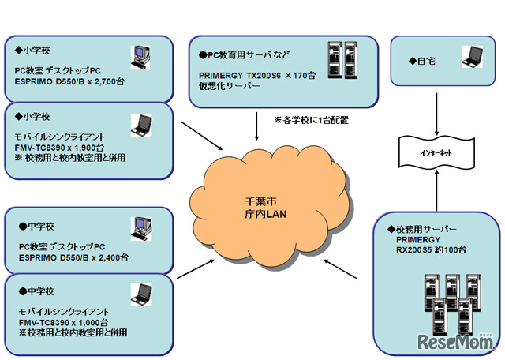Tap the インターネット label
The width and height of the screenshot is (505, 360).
tap(436, 151)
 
